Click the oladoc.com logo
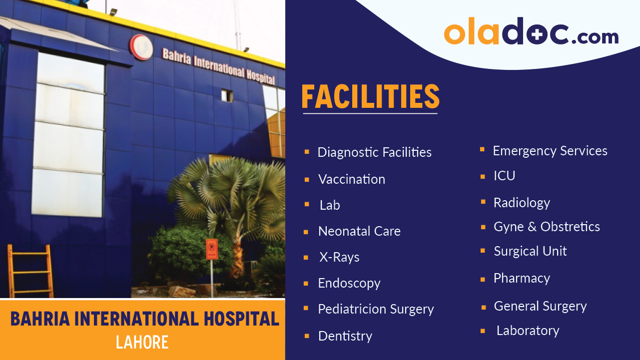tap(531, 32)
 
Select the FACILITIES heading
tap(370, 97)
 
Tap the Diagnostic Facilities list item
tap(374, 152)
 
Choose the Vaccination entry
tap(352, 179)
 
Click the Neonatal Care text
tap(359, 231)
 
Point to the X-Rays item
tap(339, 258)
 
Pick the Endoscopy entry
tap(349, 284)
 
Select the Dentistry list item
tap(345, 336)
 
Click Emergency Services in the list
tap(550, 151)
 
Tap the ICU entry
tap(504, 176)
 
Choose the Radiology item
tap(522, 203)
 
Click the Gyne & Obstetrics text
tap(547, 227)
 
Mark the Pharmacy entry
tap(522, 278)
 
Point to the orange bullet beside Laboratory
tap(483, 331)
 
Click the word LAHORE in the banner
tap(142, 343)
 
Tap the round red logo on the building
tap(141, 47)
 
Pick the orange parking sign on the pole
tap(212, 249)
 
